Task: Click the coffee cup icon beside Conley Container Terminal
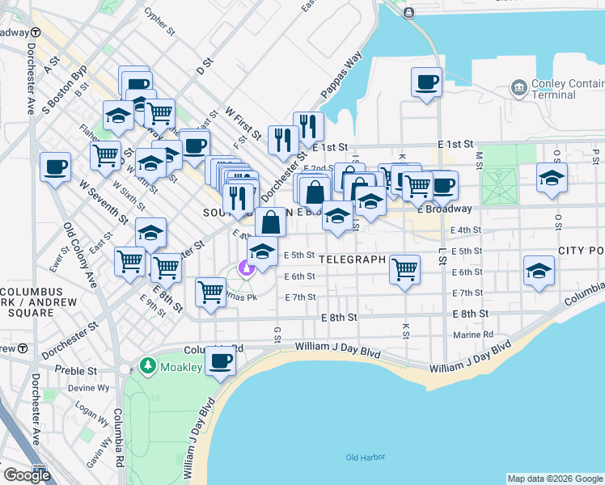[425, 82]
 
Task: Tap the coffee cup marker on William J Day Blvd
[219, 361]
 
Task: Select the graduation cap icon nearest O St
[552, 178]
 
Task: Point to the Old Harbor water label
[364, 458]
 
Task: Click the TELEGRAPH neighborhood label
[353, 259]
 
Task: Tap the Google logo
[27, 475]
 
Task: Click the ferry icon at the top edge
[408, 12]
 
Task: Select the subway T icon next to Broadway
[36, 33]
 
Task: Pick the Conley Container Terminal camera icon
[518, 86]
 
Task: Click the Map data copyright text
[555, 479]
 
